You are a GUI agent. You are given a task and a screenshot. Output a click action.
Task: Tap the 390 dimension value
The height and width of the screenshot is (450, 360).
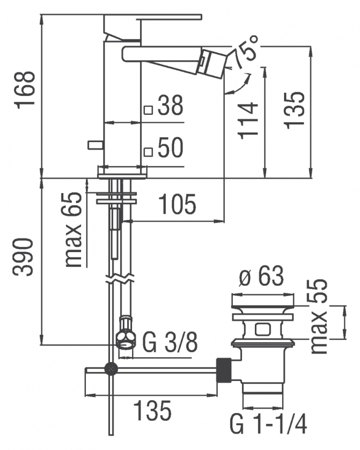24,257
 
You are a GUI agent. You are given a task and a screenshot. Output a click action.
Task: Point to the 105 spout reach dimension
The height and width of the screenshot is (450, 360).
178,204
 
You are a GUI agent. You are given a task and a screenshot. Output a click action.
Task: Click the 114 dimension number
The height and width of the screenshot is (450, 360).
249,121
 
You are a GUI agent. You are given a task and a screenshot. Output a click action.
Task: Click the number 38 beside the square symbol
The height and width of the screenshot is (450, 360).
170,105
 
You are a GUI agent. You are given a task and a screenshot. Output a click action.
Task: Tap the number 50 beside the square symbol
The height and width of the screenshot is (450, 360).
170,147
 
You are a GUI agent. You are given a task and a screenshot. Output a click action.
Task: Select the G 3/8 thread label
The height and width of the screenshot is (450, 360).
170,343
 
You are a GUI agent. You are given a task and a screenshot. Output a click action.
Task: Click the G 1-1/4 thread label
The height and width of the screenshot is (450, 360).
268,425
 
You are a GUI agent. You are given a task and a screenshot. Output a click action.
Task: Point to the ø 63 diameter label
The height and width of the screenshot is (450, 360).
261,276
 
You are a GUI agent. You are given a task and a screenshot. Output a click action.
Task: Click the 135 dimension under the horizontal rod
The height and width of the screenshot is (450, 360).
153,411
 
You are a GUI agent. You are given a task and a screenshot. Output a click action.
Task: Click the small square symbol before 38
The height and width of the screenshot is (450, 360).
148,110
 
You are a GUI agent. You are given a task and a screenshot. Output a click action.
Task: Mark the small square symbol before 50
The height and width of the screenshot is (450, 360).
148,152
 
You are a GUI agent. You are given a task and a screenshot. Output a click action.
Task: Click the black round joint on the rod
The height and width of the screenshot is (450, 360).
111,368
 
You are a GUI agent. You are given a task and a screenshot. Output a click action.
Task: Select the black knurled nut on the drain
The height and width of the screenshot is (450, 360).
224,370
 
